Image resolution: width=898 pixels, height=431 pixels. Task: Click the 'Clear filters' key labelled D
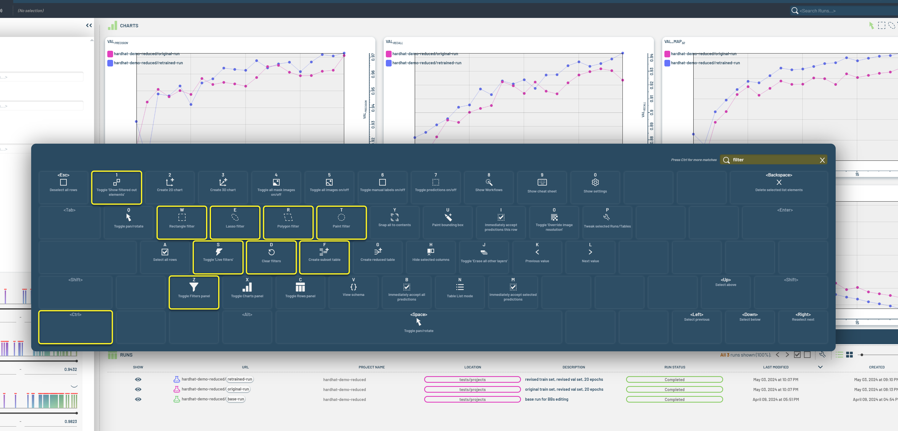(x=271, y=257)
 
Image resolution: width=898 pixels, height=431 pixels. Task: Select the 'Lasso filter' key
(x=235, y=222)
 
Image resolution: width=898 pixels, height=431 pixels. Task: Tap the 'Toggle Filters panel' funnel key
(x=194, y=292)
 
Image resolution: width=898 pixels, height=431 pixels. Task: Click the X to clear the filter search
(x=822, y=160)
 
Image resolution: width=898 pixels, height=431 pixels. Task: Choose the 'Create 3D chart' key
(x=223, y=187)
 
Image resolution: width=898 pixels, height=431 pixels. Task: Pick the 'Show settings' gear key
(x=595, y=187)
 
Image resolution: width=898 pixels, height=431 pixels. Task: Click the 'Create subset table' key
(x=324, y=257)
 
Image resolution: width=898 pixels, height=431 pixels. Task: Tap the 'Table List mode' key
(x=460, y=292)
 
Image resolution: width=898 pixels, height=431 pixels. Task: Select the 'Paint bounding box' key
(x=448, y=222)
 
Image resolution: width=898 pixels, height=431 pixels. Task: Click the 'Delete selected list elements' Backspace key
(x=779, y=187)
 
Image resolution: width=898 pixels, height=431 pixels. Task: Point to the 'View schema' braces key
(x=353, y=292)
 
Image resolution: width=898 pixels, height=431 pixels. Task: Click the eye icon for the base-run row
(x=138, y=399)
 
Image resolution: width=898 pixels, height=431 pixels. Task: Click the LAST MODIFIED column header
(x=775, y=367)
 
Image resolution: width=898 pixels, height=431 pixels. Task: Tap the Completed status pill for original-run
(x=674, y=390)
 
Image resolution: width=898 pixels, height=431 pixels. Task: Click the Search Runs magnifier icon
(x=795, y=11)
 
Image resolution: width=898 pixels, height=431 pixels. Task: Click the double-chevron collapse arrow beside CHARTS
(x=89, y=25)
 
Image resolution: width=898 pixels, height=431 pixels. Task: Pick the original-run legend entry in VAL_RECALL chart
(x=425, y=54)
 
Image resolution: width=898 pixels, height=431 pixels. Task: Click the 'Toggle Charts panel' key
(x=247, y=292)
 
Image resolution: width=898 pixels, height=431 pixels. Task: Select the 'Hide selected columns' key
(x=431, y=257)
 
